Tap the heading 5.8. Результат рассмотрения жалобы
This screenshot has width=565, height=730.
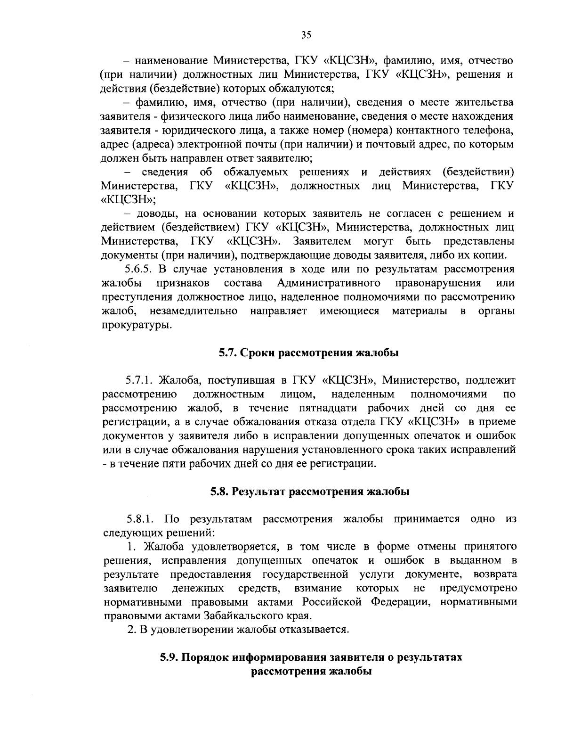point(309,492)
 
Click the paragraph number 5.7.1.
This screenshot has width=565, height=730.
point(140,380)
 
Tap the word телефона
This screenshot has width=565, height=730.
point(488,130)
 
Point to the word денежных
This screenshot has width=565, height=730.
point(198,588)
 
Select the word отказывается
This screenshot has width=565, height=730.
point(315,630)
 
